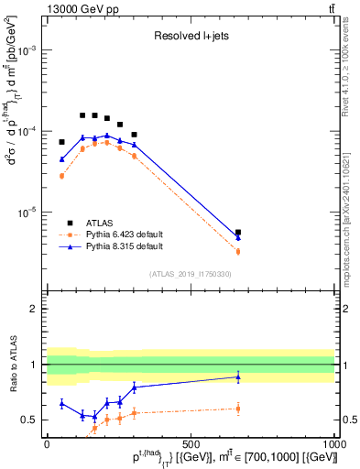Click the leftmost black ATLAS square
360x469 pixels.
[x=62, y=142]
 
